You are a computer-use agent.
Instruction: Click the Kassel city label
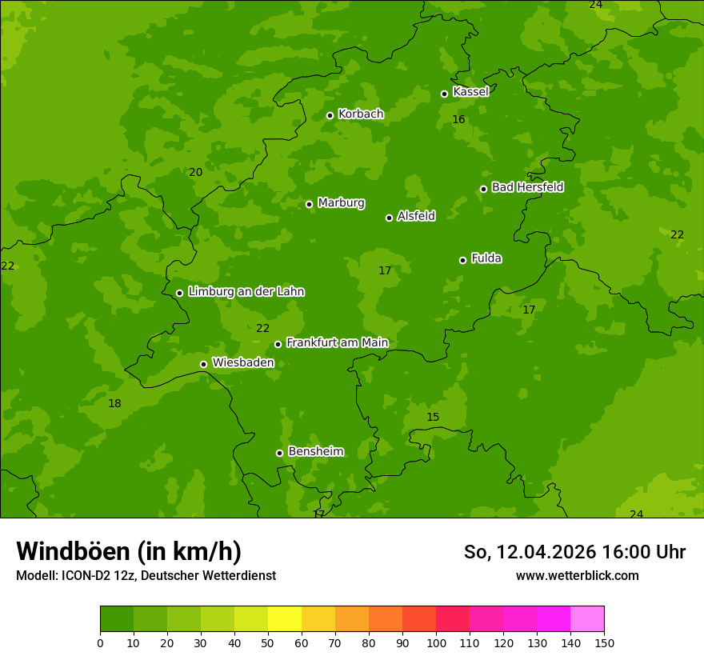click(470, 92)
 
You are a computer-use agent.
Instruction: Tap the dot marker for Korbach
click(330, 115)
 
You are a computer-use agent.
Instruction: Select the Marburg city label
click(341, 203)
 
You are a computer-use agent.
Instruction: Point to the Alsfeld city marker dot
click(389, 218)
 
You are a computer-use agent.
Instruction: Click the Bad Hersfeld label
click(527, 187)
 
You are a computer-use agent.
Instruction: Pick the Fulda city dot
click(462, 260)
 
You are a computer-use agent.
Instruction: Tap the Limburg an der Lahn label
click(246, 292)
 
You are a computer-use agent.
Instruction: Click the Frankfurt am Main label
click(337, 343)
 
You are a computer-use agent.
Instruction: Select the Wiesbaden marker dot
click(203, 364)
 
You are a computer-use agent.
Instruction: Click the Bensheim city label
click(315, 452)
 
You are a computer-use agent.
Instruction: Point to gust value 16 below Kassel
click(458, 120)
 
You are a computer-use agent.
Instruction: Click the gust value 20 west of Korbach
click(195, 172)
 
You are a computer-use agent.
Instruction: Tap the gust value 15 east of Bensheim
click(433, 418)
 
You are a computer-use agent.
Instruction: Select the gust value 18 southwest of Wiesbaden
click(114, 403)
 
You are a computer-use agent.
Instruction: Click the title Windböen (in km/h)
click(129, 551)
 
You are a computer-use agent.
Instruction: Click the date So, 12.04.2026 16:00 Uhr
click(574, 552)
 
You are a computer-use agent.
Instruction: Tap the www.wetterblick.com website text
click(577, 576)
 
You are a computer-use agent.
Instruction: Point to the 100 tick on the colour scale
click(436, 642)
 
